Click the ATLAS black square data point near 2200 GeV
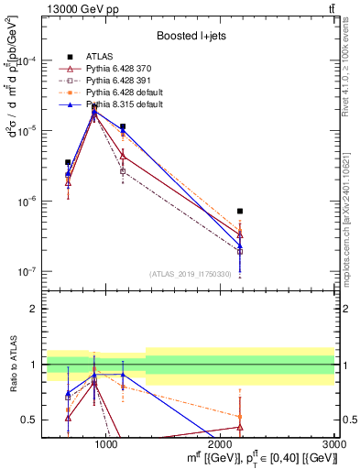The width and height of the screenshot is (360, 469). coord(240,212)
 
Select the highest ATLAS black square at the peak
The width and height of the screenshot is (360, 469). coord(94,107)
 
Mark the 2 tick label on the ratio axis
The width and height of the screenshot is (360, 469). coord(33,309)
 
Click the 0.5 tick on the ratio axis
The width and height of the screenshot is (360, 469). coord(29,420)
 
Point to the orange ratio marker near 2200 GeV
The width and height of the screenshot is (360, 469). coord(240,417)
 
